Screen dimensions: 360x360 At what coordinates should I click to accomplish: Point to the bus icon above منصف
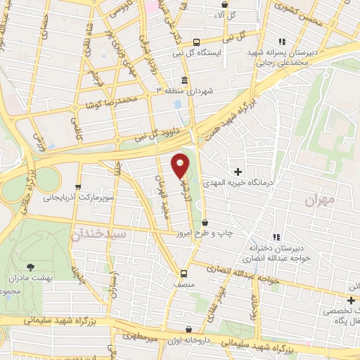tap(184, 274)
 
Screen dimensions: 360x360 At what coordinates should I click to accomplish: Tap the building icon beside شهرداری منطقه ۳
tap(184, 80)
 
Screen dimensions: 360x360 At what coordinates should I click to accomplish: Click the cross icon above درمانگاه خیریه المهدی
tap(238, 172)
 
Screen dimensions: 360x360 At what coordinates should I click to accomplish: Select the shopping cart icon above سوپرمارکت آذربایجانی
tap(77, 188)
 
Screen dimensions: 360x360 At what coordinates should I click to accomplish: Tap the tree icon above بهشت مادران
tap(30, 266)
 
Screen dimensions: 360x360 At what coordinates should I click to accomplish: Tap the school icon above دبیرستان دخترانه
tap(276, 237)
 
